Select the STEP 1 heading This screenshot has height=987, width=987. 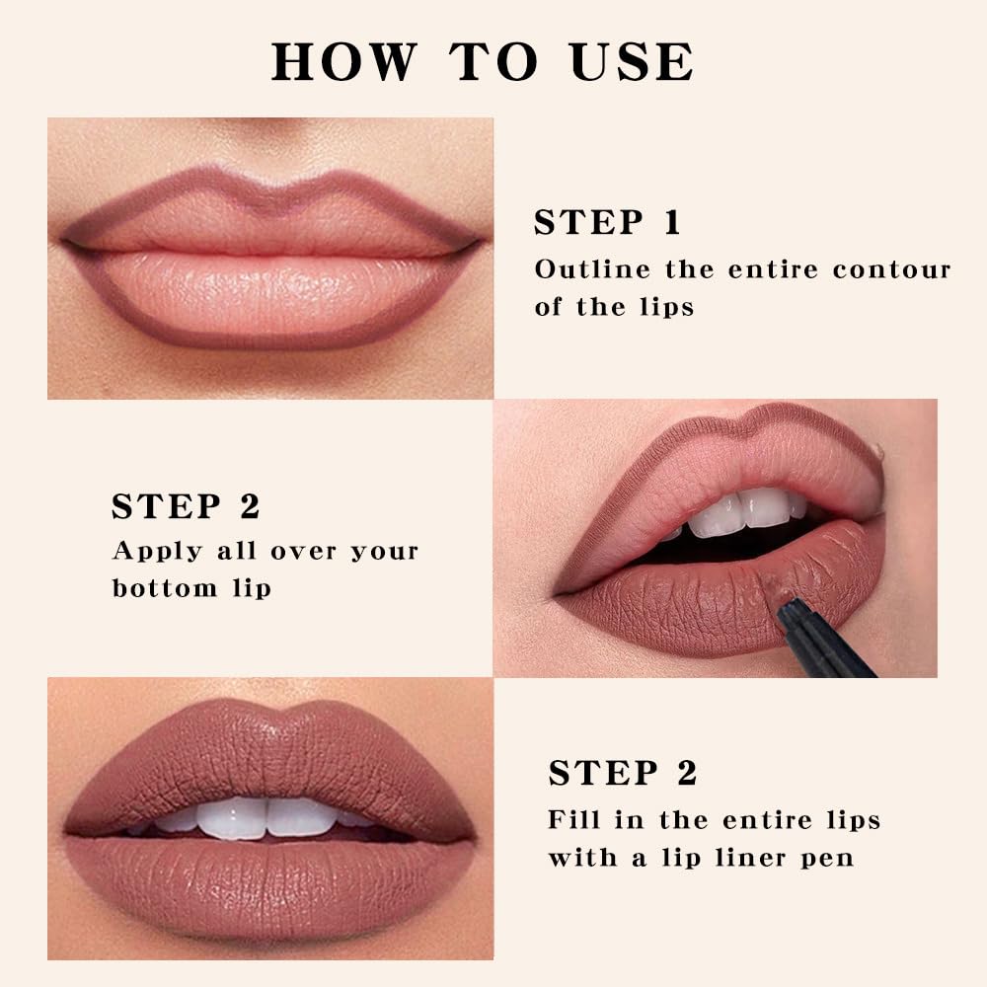[607, 222]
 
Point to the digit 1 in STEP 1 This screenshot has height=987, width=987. [672, 222]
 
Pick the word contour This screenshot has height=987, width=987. [891, 268]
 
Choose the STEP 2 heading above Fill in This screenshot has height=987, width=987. [623, 773]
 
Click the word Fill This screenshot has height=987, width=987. [571, 819]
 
